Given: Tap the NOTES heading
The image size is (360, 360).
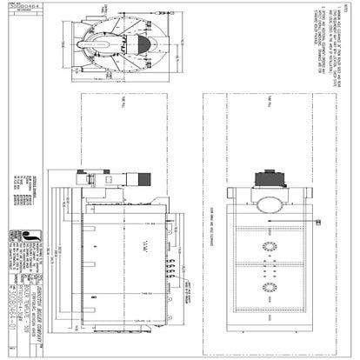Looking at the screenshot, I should [x=351, y=10].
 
